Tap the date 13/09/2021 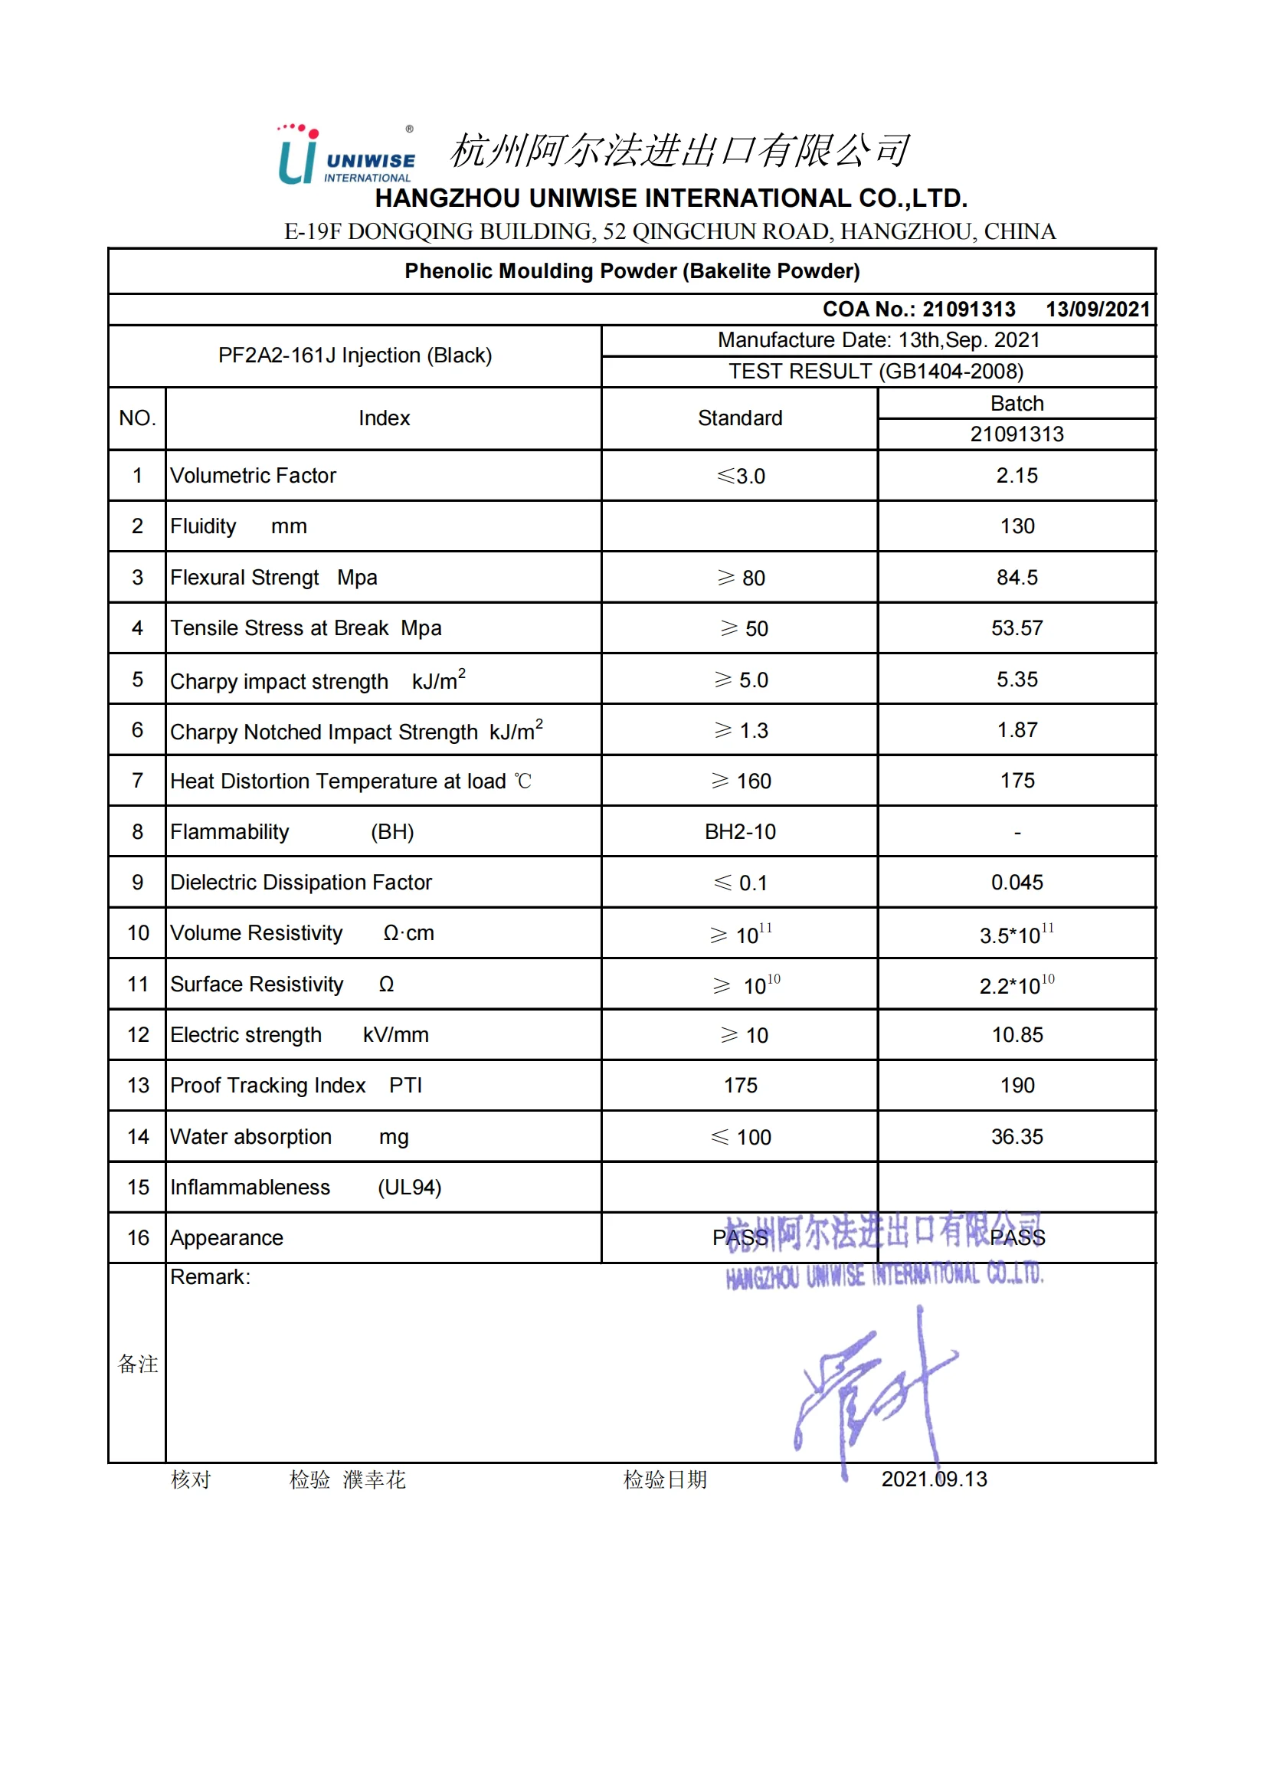click(1097, 309)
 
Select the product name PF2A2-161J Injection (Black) click(355, 356)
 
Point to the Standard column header click(740, 418)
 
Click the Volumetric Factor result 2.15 click(1017, 475)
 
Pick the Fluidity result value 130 click(1017, 526)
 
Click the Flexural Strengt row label click(245, 578)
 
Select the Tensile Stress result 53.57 click(1017, 628)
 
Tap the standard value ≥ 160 click(742, 781)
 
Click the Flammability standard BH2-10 click(740, 832)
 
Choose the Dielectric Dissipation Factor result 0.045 click(1017, 883)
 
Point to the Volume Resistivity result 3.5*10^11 click(1017, 934)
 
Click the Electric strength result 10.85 click(1017, 1035)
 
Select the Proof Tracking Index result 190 click(1017, 1086)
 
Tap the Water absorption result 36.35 click(1017, 1136)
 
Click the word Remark click(210, 1277)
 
